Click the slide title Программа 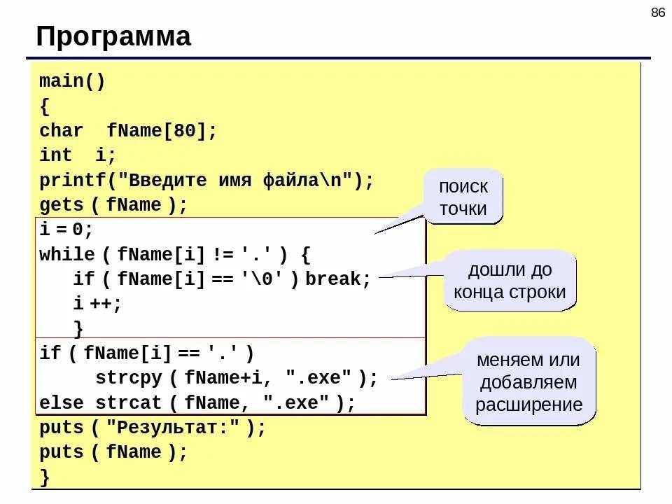[113, 36]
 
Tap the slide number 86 [657, 13]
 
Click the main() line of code [72, 81]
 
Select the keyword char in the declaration [61, 131]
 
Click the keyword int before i [55, 155]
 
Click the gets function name [61, 205]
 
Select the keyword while [66, 254]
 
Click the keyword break [337, 279]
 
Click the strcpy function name [129, 379]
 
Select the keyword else [61, 403]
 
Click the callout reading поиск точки [463, 197]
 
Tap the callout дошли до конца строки [509, 281]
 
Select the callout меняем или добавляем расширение [528, 382]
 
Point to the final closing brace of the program [45, 477]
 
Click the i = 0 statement [66, 230]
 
